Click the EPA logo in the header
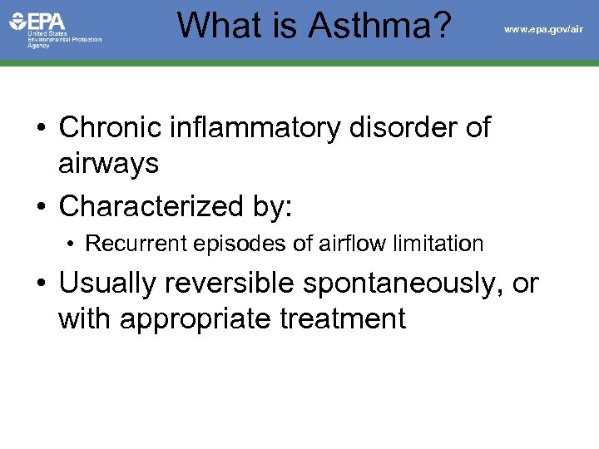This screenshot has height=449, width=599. point(37,22)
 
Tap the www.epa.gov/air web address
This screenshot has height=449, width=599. point(543,29)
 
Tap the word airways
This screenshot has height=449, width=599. point(108,164)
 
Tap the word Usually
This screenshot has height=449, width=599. point(107,284)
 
